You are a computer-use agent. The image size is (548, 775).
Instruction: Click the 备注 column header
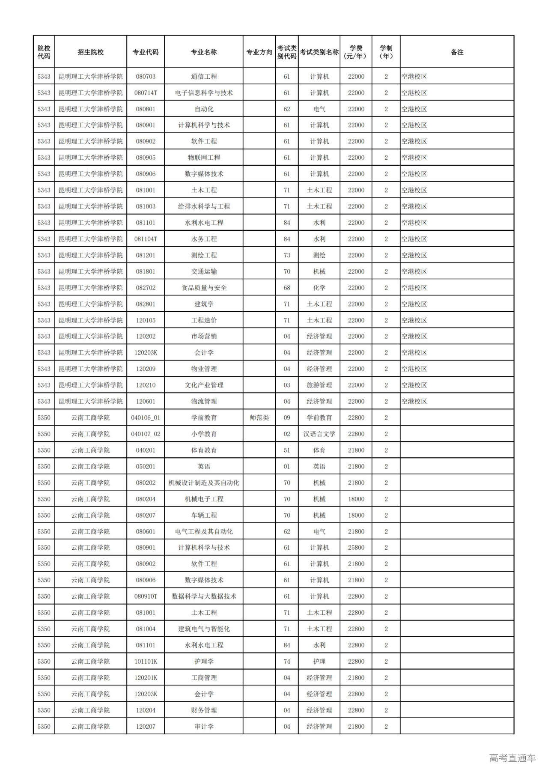pos(457,52)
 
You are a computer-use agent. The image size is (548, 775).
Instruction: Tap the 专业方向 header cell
pos(259,52)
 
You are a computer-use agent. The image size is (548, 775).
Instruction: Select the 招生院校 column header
pos(90,52)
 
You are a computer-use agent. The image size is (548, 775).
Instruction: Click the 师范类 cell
pos(259,417)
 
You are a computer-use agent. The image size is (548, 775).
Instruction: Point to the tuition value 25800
pos(356,547)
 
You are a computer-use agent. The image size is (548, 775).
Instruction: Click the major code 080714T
pos(146,92)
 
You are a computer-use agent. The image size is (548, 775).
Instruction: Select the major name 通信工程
pos(204,76)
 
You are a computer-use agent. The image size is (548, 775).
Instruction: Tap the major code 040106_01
pos(146,417)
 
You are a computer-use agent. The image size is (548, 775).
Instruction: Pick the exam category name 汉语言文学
pos(319,434)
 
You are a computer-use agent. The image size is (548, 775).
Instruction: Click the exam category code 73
pos(287,255)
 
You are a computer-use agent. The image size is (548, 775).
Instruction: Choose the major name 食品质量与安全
pos(204,288)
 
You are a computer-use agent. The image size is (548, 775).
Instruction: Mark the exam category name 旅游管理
pos(319,385)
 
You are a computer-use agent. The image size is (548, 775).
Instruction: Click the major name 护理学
pos(204,661)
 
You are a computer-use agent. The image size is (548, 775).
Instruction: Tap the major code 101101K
pos(146,661)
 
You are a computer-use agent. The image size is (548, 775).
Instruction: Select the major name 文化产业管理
pos(204,385)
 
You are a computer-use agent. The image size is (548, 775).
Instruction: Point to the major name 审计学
pos(204,726)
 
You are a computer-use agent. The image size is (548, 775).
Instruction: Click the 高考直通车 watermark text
pos(512,757)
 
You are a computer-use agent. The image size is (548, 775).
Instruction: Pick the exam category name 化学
pos(319,288)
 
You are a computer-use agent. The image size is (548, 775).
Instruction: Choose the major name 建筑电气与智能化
pos(204,629)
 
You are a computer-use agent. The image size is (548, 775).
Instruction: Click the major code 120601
pos(146,401)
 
